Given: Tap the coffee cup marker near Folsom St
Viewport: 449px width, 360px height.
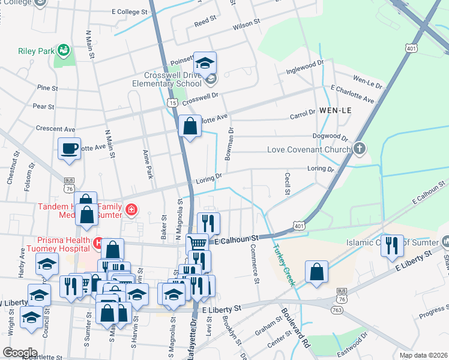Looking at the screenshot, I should coord(69,148).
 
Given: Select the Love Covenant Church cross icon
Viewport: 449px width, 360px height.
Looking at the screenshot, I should coord(360,148).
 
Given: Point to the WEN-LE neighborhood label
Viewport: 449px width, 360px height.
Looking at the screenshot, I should coord(335,111).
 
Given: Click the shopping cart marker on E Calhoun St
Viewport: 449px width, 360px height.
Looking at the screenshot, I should coord(197,243).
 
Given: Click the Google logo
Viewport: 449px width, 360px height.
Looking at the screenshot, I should coord(20,353).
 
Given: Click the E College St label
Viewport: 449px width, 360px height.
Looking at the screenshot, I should coord(128,12).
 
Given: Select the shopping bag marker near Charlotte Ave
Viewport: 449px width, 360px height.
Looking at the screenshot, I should coord(190,127).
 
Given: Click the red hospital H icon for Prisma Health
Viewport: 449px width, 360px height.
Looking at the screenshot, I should coord(98,242).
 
